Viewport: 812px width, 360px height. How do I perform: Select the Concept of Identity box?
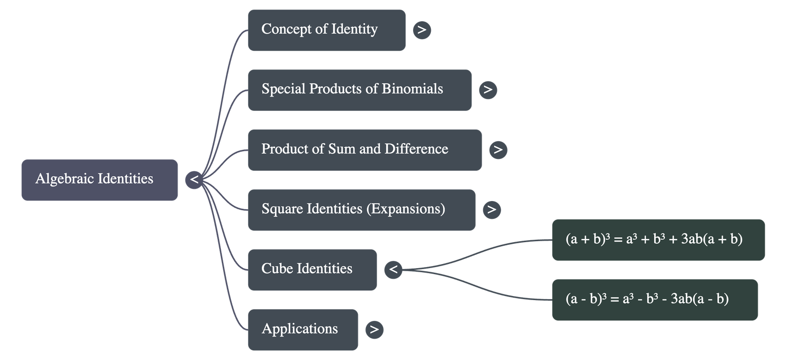coord(326,30)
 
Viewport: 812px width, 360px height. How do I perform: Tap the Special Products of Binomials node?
coord(359,90)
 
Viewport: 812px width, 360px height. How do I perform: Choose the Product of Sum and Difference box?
coord(364,150)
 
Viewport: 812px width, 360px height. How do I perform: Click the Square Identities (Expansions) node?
coord(361,210)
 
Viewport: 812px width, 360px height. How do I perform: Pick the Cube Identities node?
coord(312,270)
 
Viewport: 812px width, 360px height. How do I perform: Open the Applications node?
coord(302,330)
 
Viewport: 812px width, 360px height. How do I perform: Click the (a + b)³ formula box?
coord(658,240)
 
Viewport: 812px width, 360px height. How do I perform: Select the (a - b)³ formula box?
coord(655,300)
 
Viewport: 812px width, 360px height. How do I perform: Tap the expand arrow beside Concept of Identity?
coord(422,30)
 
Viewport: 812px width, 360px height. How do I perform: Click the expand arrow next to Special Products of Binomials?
coord(488,90)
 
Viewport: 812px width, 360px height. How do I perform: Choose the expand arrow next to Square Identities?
coord(491,210)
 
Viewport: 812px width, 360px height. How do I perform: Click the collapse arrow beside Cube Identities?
coord(393,270)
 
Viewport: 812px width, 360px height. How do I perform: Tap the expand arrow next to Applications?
coord(374,330)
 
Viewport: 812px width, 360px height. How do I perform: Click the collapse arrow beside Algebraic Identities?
coord(194,180)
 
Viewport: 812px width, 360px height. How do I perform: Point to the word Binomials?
coord(412,89)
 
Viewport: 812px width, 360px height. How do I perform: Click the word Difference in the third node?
coord(416,149)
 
